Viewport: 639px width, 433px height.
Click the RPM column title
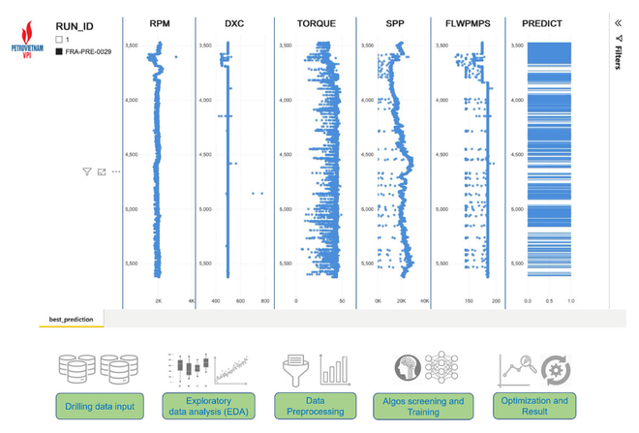tap(160, 23)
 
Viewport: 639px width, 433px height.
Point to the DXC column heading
tap(234, 23)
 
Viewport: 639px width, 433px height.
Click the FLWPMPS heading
tap(469, 23)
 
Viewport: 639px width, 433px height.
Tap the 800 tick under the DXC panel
tap(264, 301)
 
